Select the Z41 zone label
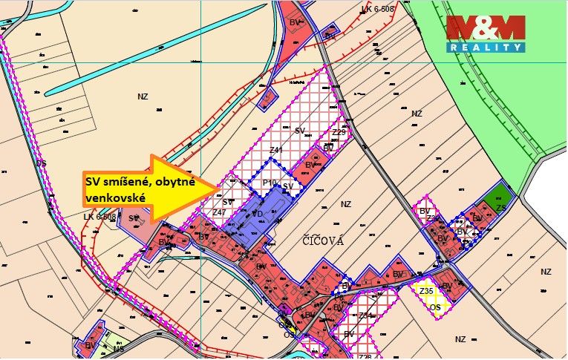pos(275,151)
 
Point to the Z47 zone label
pos(218,212)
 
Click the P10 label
pos(270,183)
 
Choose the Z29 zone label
pos(339,133)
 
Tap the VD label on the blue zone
pos(258,213)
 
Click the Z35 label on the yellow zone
pos(425,291)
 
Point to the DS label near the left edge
pos(40,163)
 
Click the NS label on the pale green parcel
pos(118,349)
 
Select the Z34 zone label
pos(364,315)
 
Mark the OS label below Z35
pos(436,307)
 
